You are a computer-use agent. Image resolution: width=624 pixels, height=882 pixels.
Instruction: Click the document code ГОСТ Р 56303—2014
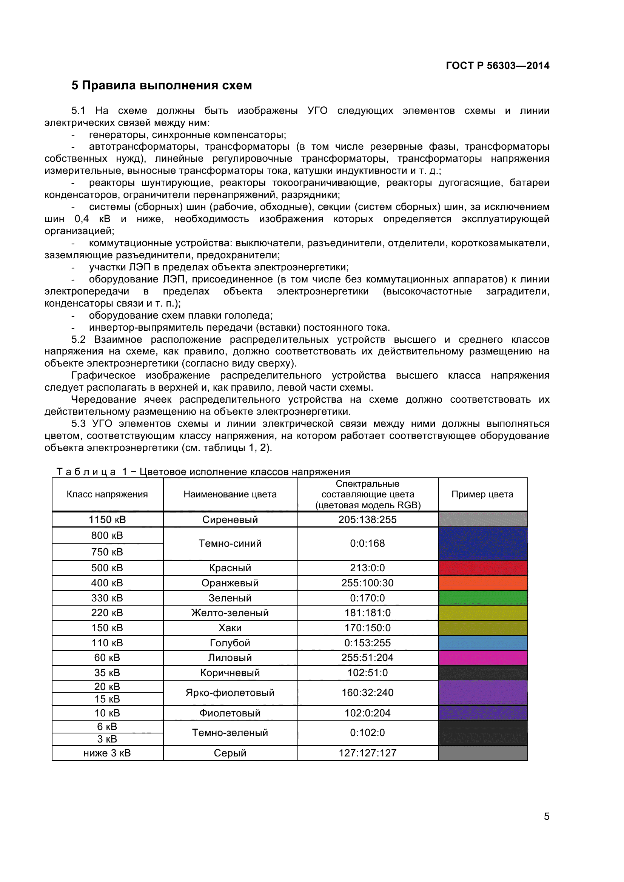[x=497, y=66]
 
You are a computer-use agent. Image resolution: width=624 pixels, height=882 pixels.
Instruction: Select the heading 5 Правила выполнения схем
[x=162, y=85]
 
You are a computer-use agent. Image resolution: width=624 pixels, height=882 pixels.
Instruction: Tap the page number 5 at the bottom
[x=546, y=816]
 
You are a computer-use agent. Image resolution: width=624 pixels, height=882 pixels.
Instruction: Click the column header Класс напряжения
[x=107, y=494]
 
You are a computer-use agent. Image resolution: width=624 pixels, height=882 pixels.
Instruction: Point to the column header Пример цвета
[x=482, y=494]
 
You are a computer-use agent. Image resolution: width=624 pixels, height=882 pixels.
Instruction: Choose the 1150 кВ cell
[x=107, y=519]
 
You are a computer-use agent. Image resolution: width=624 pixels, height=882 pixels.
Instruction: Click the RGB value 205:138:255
[x=367, y=519]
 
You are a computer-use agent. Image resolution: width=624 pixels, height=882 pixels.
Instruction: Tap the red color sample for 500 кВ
[x=482, y=568]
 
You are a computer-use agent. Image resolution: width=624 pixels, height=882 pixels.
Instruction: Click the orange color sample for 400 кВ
[x=482, y=583]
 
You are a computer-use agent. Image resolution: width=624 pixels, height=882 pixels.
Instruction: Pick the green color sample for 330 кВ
[x=482, y=598]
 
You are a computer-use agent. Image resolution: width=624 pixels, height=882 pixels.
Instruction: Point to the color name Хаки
[x=230, y=628]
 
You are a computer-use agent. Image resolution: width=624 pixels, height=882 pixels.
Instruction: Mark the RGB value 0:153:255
[x=367, y=643]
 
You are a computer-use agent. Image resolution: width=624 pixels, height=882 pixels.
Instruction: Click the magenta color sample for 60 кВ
[x=482, y=658]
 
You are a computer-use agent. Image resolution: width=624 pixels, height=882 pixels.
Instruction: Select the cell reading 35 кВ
[x=107, y=673]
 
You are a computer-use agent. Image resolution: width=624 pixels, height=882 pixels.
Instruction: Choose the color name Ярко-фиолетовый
[x=230, y=693]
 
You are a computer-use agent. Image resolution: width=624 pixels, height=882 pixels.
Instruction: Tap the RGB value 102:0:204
[x=367, y=713]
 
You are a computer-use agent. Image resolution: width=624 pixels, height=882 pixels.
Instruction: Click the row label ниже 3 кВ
[x=107, y=753]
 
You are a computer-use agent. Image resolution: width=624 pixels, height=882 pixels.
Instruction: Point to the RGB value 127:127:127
[x=367, y=753]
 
